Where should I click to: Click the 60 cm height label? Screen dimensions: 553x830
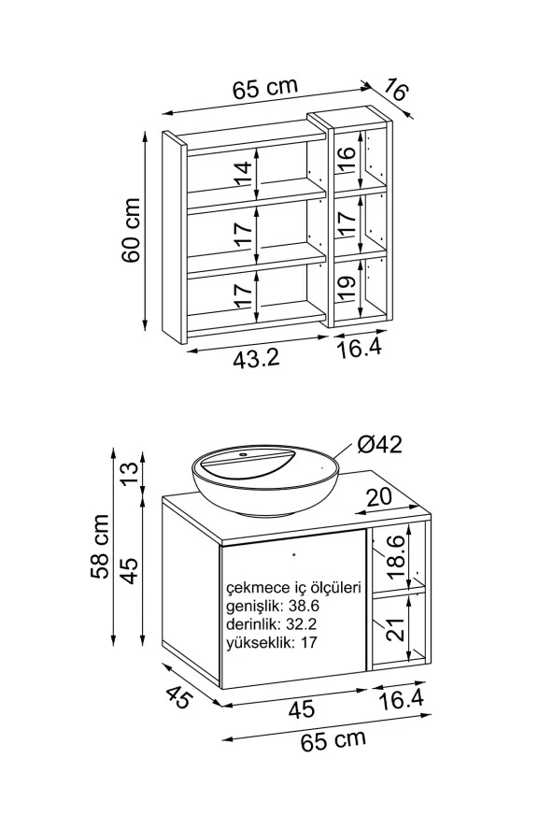[131, 231]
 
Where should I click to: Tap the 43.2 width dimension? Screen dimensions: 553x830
[256, 360]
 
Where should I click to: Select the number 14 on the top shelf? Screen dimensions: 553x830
[242, 175]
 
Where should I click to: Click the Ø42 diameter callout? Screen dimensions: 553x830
[380, 445]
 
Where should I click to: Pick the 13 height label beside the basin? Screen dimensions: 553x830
[129, 468]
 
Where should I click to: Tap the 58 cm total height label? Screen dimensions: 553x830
[99, 546]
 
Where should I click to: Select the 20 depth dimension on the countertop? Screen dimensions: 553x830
[379, 496]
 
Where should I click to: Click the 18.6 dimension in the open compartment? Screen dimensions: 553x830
[395, 556]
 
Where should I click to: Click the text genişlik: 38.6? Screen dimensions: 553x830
[273, 606]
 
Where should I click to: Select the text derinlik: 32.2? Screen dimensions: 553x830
[271, 624]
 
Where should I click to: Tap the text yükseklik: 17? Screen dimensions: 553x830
[271, 643]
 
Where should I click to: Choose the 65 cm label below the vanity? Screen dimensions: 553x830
[333, 740]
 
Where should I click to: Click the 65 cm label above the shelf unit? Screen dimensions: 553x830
[265, 88]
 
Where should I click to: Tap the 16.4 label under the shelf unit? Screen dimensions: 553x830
[360, 349]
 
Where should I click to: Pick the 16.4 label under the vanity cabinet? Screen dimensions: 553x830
[402, 700]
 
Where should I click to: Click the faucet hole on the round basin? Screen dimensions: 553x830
[245, 454]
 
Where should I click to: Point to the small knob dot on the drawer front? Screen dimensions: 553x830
[293, 554]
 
